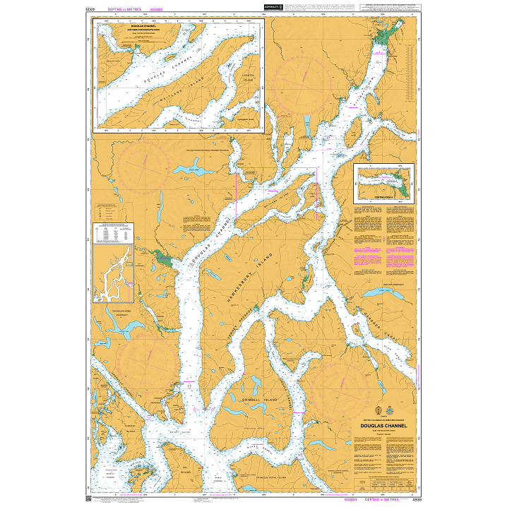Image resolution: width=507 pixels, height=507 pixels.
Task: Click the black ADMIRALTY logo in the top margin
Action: click(x=273, y=8)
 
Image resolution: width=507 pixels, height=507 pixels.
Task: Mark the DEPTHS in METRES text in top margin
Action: click(x=124, y=10)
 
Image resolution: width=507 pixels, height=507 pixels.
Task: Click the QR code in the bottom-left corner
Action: click(x=88, y=499)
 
